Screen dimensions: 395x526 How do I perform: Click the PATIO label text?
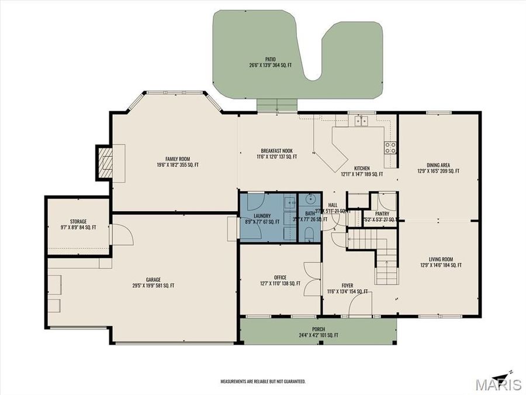click(270, 59)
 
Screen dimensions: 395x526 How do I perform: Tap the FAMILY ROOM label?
click(178, 159)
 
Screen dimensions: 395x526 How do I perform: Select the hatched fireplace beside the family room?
click(105, 162)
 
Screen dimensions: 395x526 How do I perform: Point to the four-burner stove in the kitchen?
click(390, 147)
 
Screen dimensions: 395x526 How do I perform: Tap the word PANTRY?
click(382, 214)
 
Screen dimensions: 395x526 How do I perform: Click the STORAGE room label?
click(78, 221)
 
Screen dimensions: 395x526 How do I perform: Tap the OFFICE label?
click(280, 277)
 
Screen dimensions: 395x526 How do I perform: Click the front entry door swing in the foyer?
click(359, 304)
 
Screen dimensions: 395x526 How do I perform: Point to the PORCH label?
click(319, 329)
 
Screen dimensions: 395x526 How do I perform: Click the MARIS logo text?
click(499, 384)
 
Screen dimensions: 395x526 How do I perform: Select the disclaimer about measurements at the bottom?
click(262, 382)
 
